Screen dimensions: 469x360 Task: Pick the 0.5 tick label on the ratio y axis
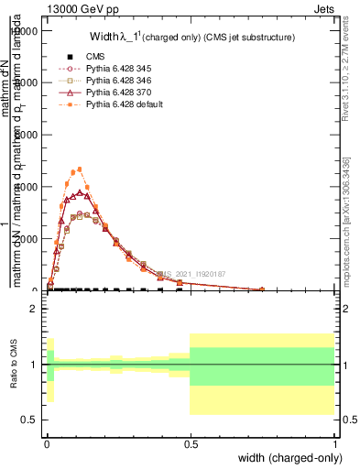(28, 420)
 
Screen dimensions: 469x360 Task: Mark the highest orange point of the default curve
(81, 169)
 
